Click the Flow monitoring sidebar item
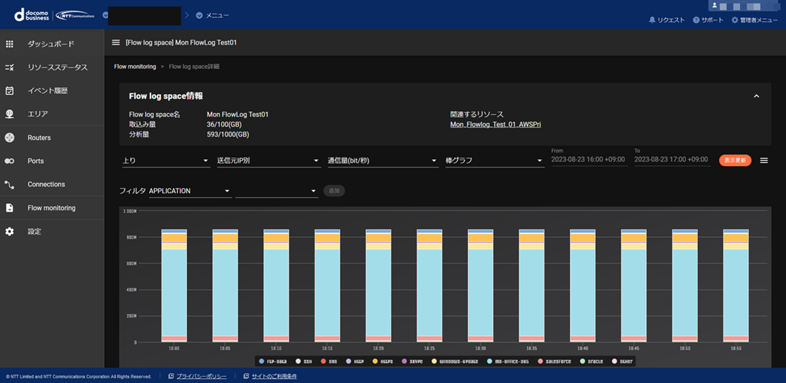click(x=51, y=208)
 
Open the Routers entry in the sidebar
click(x=39, y=138)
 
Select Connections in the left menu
click(x=46, y=184)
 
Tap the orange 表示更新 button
click(x=735, y=160)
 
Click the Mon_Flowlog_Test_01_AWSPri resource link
click(x=495, y=125)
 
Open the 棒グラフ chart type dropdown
click(x=494, y=161)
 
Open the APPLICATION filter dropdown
click(x=189, y=191)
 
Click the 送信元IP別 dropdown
click(x=268, y=161)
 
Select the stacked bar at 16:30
click(x=480, y=285)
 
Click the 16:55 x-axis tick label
click(x=736, y=348)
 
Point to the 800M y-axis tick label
click(x=132, y=237)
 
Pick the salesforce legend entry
click(x=554, y=362)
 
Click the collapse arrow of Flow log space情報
click(x=756, y=96)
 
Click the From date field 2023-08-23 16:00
click(x=588, y=160)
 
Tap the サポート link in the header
click(x=708, y=20)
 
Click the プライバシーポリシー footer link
click(x=201, y=376)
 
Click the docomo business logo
click(x=32, y=15)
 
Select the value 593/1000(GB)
click(x=228, y=135)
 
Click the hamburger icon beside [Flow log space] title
click(x=116, y=43)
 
